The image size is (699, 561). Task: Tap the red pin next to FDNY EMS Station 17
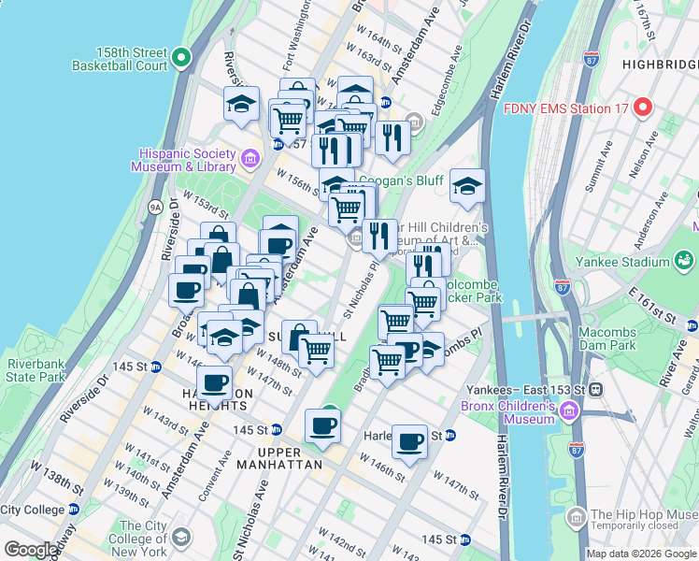pyautogui.click(x=641, y=107)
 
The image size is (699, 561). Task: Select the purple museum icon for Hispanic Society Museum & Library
pyautogui.click(x=249, y=159)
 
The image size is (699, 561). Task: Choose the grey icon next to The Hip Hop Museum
pyautogui.click(x=577, y=516)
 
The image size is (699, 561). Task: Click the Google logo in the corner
pyautogui.click(x=30, y=550)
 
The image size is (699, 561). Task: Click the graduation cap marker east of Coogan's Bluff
pyautogui.click(x=467, y=186)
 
